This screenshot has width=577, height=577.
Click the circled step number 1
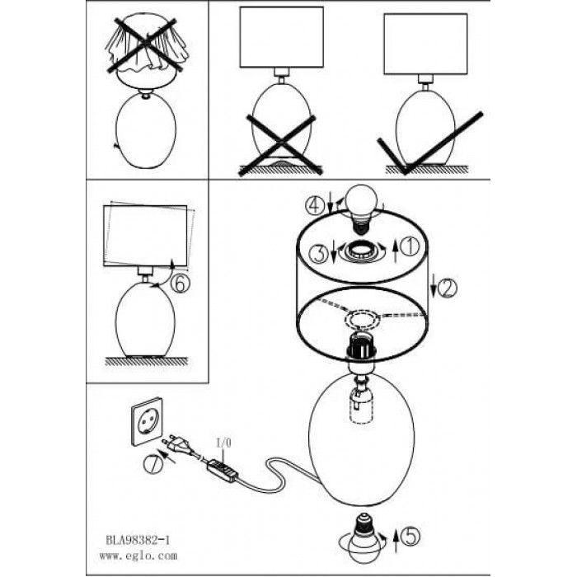point(410,246)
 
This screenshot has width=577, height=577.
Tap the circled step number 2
point(447,288)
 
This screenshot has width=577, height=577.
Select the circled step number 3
point(318,254)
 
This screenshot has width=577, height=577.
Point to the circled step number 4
point(315,206)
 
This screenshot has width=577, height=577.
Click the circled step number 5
point(410,537)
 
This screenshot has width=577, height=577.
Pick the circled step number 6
point(181,284)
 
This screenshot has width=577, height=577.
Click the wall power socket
point(148,422)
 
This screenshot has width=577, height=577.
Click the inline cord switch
point(222,471)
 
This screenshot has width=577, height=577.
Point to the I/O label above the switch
point(223,443)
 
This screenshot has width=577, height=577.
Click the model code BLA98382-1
point(138,540)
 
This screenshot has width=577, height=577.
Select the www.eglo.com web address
point(138,556)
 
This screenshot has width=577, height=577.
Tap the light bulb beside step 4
point(362,209)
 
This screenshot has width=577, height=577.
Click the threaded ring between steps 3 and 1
point(361,251)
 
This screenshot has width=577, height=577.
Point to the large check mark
point(429,143)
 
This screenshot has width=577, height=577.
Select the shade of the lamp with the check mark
point(425,45)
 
